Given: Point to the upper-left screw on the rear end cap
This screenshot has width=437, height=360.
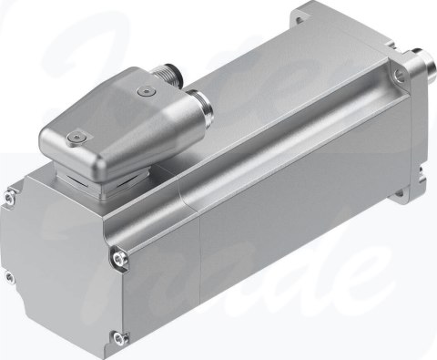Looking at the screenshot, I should (8, 194).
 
